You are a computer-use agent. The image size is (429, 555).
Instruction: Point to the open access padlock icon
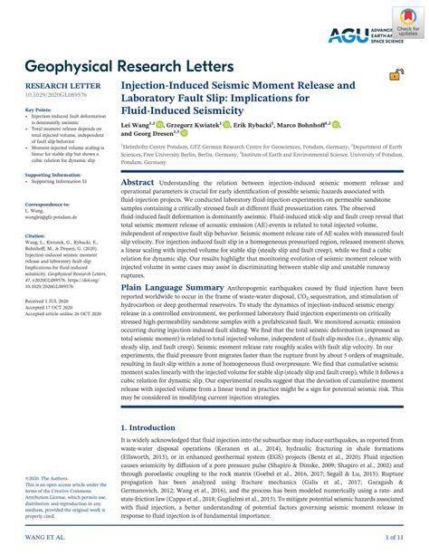(x=396, y=76)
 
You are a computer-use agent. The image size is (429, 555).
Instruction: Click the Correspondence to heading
(x=46, y=205)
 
